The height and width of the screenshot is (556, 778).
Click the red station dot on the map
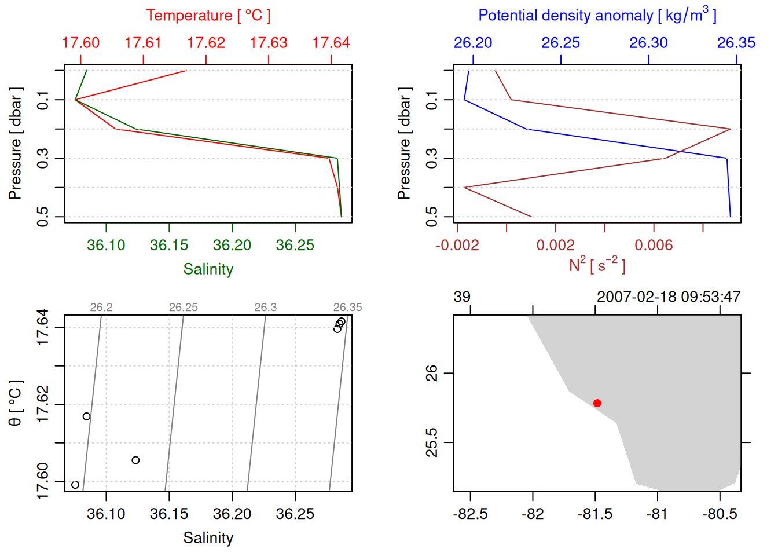pos(597,403)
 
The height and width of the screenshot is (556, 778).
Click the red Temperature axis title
pos(208,16)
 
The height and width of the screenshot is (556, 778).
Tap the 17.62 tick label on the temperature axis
pos(206,43)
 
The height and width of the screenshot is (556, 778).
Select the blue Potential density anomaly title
pos(597,16)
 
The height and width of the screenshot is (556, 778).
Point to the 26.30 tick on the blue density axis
pos(648,43)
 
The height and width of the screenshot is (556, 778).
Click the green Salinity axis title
pos(208,269)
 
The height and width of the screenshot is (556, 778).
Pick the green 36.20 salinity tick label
pos(232,246)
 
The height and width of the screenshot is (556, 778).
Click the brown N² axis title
pos(597,265)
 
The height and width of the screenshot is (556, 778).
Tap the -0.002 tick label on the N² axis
pos(457,246)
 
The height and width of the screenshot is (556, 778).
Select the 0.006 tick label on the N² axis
pos(654,246)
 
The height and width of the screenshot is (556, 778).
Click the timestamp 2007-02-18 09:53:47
pos(669,297)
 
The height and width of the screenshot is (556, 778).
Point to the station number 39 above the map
pos(462,297)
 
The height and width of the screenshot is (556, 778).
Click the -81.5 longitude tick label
pos(595,514)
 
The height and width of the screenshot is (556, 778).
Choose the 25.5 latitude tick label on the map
pos(432,442)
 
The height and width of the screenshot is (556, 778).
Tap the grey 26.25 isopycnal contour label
pos(184,308)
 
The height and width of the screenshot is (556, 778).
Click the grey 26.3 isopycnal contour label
pos(266,308)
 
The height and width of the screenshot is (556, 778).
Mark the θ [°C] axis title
pos(16,403)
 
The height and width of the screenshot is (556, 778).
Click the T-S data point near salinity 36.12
pos(135,460)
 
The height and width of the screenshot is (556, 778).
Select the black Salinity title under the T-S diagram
pos(208,538)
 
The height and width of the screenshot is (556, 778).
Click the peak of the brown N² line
pos(731,129)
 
